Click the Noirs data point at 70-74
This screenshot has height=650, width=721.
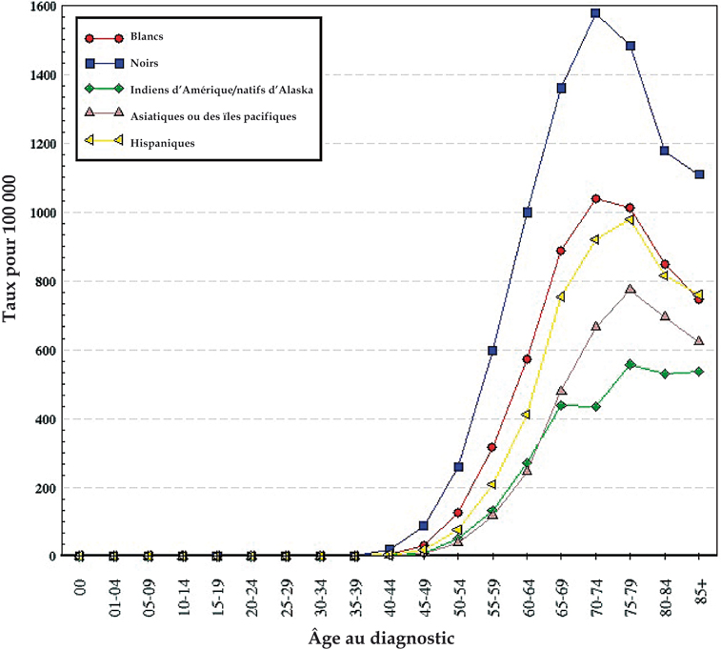(x=595, y=13)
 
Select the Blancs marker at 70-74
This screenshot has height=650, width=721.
(x=595, y=199)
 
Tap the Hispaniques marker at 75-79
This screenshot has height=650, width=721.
(x=631, y=220)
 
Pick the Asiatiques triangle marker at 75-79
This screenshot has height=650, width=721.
(x=631, y=290)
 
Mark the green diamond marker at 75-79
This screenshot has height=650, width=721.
(x=631, y=364)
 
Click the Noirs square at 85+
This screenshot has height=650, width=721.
(x=700, y=174)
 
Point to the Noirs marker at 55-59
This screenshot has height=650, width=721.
(x=492, y=351)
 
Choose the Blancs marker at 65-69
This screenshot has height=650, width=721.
(x=561, y=251)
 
